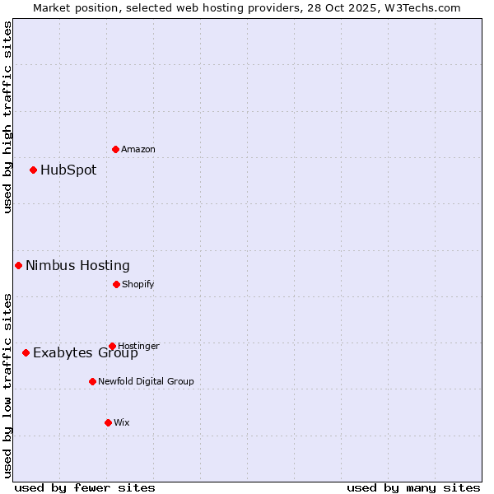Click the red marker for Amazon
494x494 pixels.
pos(115,149)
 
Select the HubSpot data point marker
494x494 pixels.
pos(33,170)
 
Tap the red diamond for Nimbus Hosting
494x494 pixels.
pos(18,265)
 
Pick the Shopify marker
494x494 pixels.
pos(116,284)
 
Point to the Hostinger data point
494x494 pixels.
pos(112,346)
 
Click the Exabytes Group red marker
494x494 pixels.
pos(26,352)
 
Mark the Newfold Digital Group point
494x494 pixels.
pos(92,381)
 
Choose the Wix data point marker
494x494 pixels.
pos(108,422)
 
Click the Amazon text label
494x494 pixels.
pos(138,149)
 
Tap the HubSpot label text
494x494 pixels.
pos(68,170)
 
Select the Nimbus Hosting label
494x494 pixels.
pos(77,265)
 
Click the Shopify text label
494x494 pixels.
pos(138,284)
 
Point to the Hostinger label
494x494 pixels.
pos(138,346)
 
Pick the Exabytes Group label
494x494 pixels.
pos(86,353)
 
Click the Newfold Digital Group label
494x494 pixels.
pos(146,381)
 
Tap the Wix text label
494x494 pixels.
pos(122,422)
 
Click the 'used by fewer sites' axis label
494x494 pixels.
pos(85,487)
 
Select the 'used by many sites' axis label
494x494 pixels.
pos(413,487)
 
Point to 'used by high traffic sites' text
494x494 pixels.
pos(7,117)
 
